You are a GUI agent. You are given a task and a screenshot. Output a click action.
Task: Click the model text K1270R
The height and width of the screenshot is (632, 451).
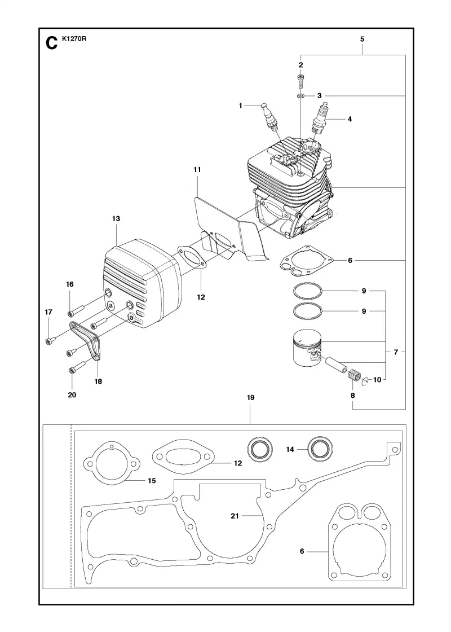click(74, 39)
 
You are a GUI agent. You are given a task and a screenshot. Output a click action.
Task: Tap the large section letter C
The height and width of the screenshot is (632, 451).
click(52, 43)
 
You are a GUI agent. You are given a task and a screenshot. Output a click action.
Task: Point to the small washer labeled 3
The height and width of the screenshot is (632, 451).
click(300, 96)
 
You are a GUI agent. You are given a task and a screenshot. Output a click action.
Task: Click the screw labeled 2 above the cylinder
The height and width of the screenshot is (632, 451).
click(300, 81)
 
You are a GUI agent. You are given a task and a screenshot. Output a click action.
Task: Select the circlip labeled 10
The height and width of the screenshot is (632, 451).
click(365, 381)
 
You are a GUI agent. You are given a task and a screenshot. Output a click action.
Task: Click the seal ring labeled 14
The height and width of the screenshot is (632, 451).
click(321, 449)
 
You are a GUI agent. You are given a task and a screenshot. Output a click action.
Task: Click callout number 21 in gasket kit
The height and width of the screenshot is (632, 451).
click(235, 516)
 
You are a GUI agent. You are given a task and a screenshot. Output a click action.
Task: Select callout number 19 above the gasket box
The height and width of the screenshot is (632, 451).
click(250, 397)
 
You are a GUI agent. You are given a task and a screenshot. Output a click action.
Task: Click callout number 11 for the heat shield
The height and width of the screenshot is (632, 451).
click(197, 170)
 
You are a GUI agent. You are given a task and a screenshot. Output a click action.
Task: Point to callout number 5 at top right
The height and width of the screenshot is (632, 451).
click(362, 39)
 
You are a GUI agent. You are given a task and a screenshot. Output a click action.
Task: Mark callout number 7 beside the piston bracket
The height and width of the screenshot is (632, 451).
click(396, 352)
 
